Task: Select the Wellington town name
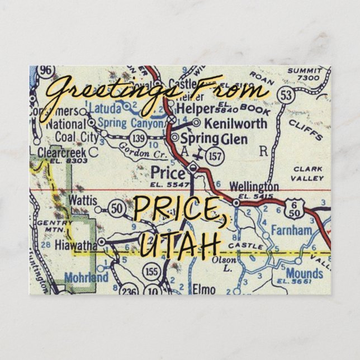(x=254, y=186)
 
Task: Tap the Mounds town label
(x=304, y=273)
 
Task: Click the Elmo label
(x=204, y=288)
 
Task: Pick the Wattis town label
(x=83, y=200)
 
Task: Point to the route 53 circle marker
(x=286, y=96)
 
